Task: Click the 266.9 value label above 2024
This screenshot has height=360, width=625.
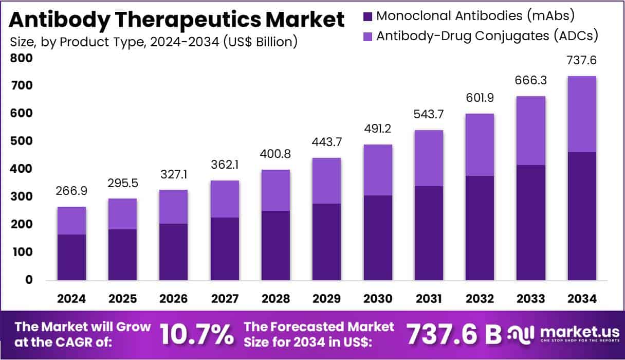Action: pyautogui.click(x=71, y=191)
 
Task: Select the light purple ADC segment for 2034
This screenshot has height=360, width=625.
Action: pyautogui.click(x=581, y=114)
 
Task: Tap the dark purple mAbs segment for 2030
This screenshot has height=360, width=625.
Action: pyautogui.click(x=378, y=238)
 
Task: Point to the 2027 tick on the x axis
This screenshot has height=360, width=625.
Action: pyautogui.click(x=225, y=299)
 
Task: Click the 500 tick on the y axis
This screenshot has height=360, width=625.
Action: pyautogui.click(x=22, y=141)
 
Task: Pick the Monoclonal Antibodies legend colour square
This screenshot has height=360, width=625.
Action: pyautogui.click(x=367, y=16)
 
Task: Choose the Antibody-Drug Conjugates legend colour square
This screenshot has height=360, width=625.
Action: pyautogui.click(x=367, y=36)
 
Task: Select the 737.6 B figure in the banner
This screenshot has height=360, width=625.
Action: pyautogui.click(x=454, y=334)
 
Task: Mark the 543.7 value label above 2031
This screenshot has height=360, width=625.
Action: pyautogui.click(x=428, y=114)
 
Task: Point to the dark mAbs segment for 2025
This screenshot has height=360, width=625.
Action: pyautogui.click(x=122, y=255)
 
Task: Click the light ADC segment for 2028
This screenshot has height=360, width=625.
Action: pyautogui.click(x=275, y=190)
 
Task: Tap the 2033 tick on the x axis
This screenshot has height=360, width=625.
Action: pyautogui.click(x=531, y=299)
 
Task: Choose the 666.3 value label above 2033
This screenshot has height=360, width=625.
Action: pyautogui.click(x=530, y=80)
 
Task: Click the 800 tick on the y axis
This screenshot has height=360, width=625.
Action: pyautogui.click(x=22, y=58)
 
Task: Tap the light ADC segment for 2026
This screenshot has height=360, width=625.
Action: pyautogui.click(x=173, y=207)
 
